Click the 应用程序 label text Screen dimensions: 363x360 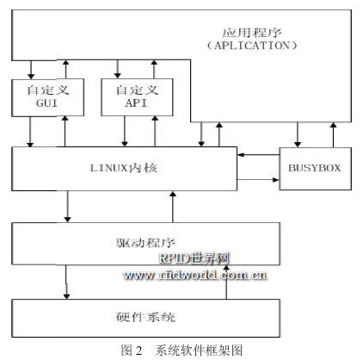pos(252,33)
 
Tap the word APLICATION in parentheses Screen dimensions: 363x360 pos(252,46)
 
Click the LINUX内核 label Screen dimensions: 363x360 pos(124,168)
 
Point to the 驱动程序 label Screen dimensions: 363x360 pos(145,243)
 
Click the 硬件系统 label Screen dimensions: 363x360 pos(145,317)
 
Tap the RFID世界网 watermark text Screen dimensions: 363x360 pos(194,258)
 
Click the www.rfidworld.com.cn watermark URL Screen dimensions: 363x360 pos(195,275)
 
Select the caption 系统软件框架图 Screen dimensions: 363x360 pos(199,351)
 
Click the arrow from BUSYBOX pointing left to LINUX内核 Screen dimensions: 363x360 pos(259,155)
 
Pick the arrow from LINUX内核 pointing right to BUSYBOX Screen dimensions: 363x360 pos(258,180)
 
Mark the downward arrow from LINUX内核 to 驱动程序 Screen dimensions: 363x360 pos(67,206)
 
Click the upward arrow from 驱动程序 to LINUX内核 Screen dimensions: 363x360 pos(173,207)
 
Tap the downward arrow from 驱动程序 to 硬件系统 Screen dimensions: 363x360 pos(66,282)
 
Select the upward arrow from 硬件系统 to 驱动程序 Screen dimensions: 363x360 pos(226,282)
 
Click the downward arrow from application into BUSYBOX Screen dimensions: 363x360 pos(298,134)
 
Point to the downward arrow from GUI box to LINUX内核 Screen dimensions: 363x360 pos(30,132)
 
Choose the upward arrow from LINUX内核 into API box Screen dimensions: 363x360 pos(155,131)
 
